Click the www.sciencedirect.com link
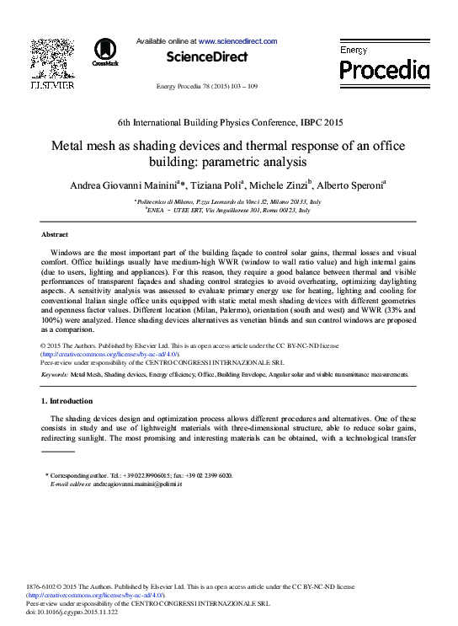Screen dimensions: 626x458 pyautogui.click(x=238, y=40)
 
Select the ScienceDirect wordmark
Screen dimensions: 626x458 pyautogui.click(x=207, y=57)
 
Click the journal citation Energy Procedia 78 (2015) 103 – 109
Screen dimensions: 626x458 pyautogui.click(x=207, y=87)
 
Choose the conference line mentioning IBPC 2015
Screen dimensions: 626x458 pyautogui.click(x=228, y=124)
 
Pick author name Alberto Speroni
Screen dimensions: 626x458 pyautogui.click(x=351, y=185)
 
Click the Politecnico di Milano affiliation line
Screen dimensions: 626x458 pyautogui.click(x=229, y=202)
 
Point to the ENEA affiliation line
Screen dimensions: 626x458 pyautogui.click(x=229, y=211)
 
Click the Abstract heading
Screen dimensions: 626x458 pyautogui.click(x=55, y=234)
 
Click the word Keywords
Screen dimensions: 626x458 pyautogui.click(x=55, y=373)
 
